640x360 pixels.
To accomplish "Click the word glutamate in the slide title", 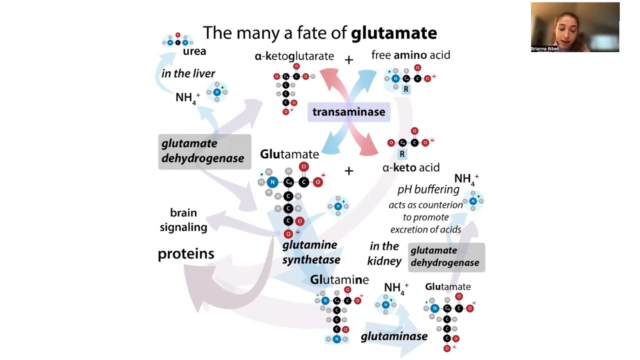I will coord(393,33).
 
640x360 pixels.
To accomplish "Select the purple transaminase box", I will coord(348,112).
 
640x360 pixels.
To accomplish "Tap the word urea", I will coord(194,51).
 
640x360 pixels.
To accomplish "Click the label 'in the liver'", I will coord(188,73).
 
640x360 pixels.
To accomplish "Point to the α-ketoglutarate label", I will coord(294,56).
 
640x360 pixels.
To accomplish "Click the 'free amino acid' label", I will coord(410,55).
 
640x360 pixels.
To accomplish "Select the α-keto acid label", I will coord(410,167).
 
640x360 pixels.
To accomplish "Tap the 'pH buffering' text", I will coord(428,189).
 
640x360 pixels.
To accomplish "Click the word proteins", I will coord(185,253).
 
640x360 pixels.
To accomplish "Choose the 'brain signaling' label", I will coord(183,219).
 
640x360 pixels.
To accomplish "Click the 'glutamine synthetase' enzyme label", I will coord(310,252).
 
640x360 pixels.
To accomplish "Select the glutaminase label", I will coord(394,336).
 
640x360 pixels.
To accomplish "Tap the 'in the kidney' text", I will coord(384,253).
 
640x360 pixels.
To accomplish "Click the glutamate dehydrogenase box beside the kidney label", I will coord(446,256).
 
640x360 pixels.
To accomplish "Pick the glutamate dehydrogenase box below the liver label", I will coord(204,151).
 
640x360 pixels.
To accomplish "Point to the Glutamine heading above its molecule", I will coord(339,280).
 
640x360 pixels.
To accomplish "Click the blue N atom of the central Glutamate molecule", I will coord(272,182).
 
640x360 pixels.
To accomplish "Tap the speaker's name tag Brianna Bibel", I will coord(544,49).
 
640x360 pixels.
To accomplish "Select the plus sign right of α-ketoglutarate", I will coord(348,60).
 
